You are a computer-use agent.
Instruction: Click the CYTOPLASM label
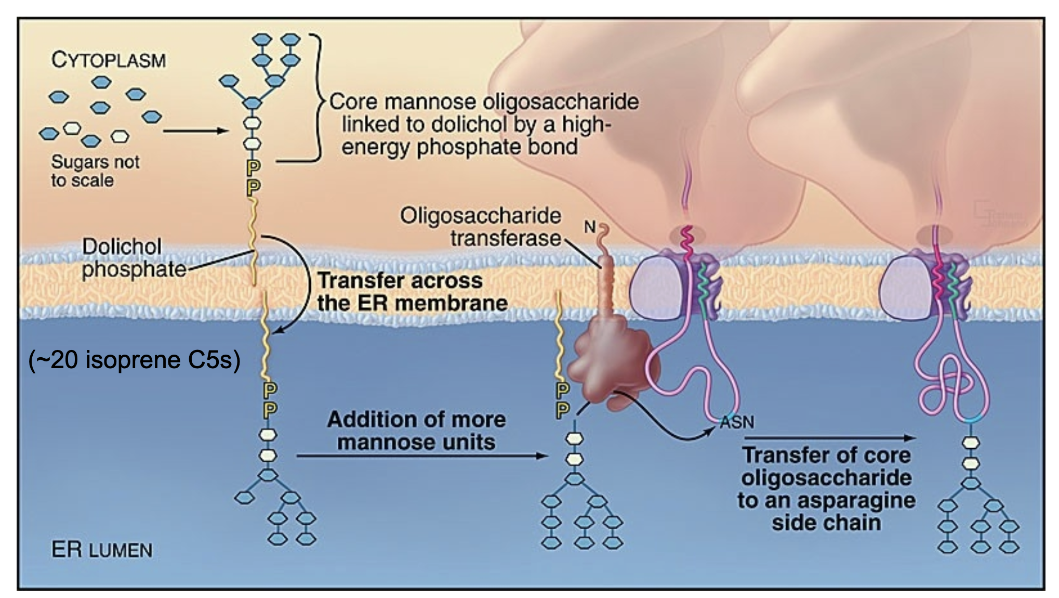point(109,60)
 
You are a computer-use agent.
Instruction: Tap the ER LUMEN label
point(102,550)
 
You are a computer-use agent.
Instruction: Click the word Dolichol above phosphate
point(122,246)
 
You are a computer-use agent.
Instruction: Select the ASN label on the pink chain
point(737,422)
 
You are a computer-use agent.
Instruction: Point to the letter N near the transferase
point(589,227)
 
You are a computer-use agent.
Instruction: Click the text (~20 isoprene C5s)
point(134,360)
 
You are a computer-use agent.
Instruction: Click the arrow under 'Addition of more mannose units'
point(421,456)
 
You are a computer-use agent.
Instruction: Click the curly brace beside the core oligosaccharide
point(318,99)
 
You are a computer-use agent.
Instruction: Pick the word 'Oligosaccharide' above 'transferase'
point(480,216)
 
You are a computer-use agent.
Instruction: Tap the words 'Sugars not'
point(95,162)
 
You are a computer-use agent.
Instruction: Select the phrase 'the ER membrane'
point(413,303)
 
